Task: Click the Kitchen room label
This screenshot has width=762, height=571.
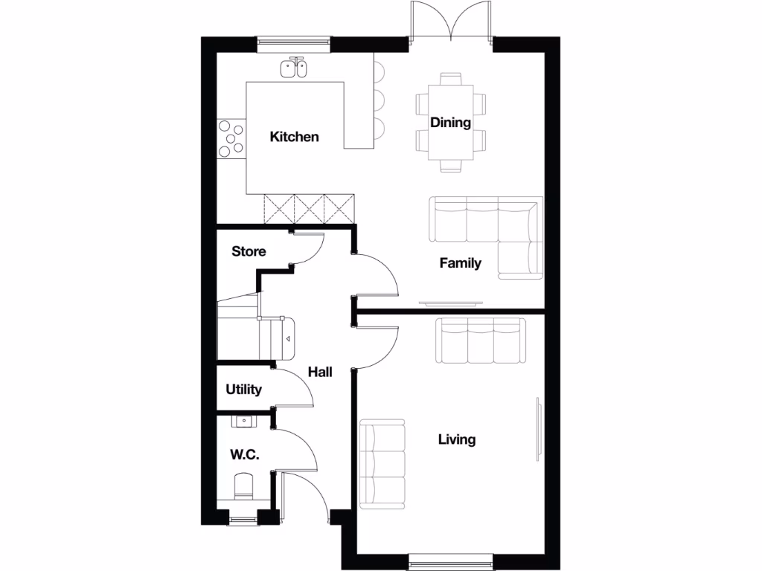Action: pos(294,137)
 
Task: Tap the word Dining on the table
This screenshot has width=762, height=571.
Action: pos(450,123)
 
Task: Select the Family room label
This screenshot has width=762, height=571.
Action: pos(460,262)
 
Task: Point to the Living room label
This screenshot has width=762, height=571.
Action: pos(456,439)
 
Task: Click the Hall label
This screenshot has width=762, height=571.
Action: pos(320,372)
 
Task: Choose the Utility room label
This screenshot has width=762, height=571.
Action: pos(244,390)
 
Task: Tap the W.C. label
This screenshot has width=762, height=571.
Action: pos(244,455)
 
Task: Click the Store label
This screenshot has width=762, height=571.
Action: pos(249,251)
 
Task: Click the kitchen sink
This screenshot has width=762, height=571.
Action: pos(294,68)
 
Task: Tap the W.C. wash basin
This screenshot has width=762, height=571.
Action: pos(243,422)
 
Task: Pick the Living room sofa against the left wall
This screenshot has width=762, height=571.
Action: pos(382,464)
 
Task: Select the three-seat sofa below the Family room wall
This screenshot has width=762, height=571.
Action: pos(481,340)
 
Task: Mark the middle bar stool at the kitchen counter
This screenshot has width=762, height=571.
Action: pos(379,99)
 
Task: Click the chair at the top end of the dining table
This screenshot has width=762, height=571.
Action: pos(451,78)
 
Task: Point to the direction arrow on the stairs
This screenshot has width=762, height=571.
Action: pos(286,339)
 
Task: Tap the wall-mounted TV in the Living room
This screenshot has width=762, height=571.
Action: pos(537,430)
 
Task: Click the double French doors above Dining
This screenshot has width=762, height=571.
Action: pos(450,22)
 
